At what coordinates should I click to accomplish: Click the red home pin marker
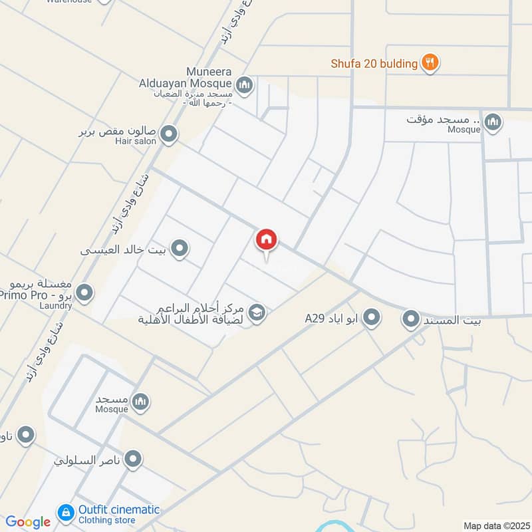267,239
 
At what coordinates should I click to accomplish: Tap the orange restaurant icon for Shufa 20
431,63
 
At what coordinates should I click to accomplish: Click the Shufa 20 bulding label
374,64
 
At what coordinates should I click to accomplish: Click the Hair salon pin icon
169,134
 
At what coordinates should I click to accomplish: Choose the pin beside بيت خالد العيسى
179,249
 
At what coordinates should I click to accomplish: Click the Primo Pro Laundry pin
84,293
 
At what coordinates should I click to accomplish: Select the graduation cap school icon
257,312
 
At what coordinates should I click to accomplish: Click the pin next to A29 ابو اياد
372,318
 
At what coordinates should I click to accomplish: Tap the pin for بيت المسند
411,319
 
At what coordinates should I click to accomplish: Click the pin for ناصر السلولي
134,459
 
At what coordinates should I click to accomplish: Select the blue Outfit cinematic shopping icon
66,512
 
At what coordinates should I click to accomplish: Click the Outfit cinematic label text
119,509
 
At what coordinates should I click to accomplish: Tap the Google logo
28,522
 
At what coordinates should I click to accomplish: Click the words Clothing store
107,520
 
